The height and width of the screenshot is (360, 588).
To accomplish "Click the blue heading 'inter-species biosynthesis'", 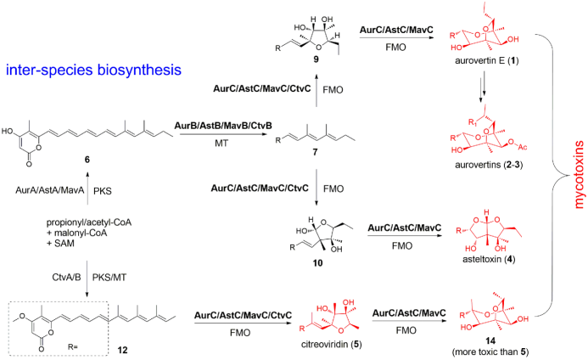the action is tap(93, 70).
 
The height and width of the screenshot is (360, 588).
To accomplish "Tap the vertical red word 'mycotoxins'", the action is tap(579, 175).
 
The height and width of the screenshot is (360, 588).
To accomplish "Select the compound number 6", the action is tap(87, 160).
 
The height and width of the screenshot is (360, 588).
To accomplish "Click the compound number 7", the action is tap(315, 152).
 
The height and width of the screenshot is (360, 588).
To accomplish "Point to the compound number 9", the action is tap(316, 59).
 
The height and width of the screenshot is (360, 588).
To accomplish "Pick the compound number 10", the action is tap(317, 262).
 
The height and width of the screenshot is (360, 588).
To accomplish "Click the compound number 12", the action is tap(122, 350).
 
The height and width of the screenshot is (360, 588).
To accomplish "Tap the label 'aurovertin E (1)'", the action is tap(487, 60).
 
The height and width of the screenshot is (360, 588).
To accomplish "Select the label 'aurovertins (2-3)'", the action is tap(489, 165).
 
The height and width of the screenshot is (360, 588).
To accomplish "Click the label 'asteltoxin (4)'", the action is tap(488, 259).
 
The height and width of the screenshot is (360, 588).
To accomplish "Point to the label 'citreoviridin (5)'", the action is tap(332, 344).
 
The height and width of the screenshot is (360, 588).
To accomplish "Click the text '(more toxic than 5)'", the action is tap(490, 352).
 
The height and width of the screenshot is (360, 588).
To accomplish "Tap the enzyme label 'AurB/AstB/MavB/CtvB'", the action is tap(223, 126).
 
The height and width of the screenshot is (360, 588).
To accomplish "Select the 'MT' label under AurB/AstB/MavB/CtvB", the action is tap(221, 143).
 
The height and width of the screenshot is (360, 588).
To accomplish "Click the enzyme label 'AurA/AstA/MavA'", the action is tap(50, 190).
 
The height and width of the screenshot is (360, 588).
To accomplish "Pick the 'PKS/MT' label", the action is tap(109, 278).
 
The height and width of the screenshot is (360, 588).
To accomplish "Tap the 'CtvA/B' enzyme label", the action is tap(66, 278).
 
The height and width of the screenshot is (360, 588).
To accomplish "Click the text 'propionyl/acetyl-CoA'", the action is tap(89, 222).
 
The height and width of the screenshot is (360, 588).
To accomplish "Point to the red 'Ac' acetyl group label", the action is tap(523, 147).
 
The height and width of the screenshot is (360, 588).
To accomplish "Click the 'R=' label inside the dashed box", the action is tap(73, 347).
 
